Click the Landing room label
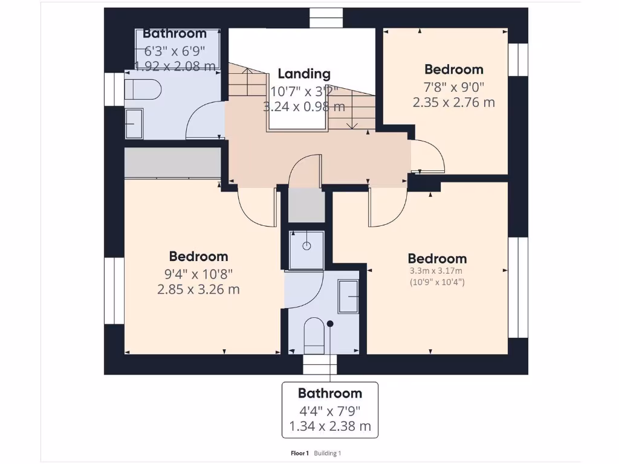(x=304, y=74)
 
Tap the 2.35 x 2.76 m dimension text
(x=453, y=103)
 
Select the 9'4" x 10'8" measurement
(x=198, y=274)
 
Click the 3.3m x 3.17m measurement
(x=436, y=271)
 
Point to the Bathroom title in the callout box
(x=330, y=393)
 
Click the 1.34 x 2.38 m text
(x=330, y=427)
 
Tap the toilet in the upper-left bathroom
(x=143, y=89)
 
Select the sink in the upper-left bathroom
(x=134, y=124)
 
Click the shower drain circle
(x=306, y=246)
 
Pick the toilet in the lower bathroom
(x=314, y=336)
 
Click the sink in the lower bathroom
(x=348, y=296)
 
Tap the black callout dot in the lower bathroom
(x=330, y=324)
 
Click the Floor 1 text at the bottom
(x=300, y=453)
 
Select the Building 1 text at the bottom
(x=327, y=453)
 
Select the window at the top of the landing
(x=326, y=18)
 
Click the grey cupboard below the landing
(x=306, y=205)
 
